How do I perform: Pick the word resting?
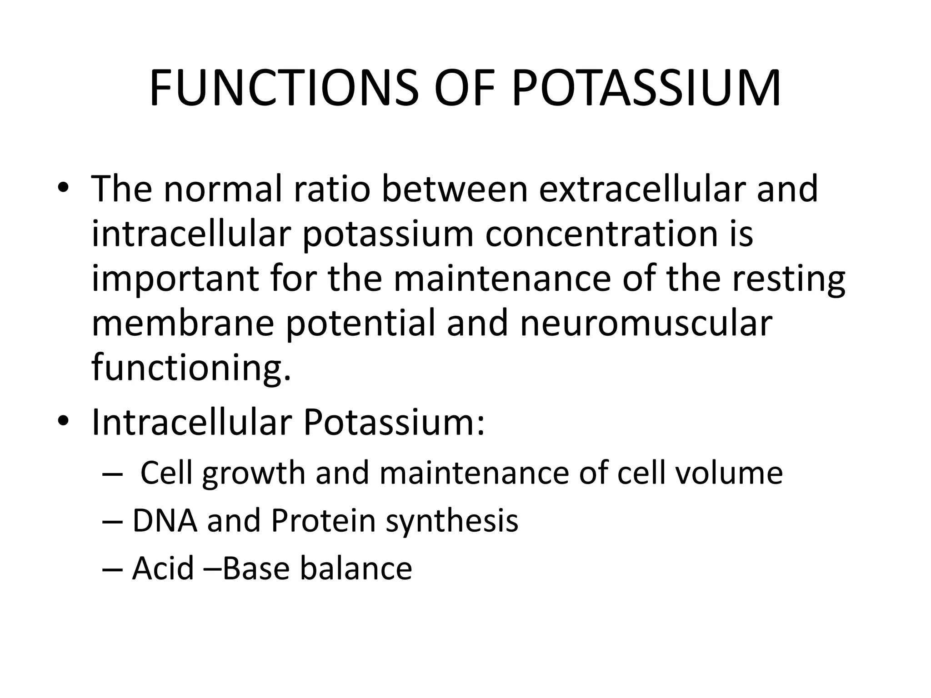[x=789, y=279]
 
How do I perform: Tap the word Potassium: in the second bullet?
[x=394, y=422]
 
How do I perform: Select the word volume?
[x=729, y=473]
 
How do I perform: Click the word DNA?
[x=165, y=520]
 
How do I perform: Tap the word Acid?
[x=163, y=568]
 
